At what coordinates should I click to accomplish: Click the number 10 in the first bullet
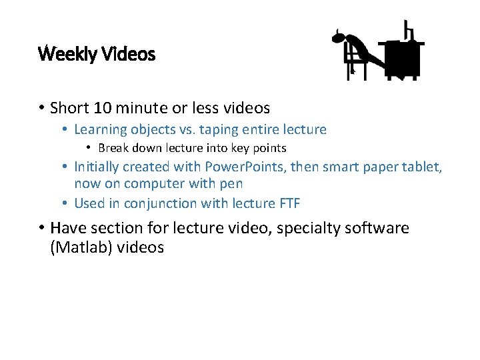click(102, 107)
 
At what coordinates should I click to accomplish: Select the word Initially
click(98, 167)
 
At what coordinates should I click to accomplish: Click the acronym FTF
click(285, 203)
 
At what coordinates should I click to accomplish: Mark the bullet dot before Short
click(41, 107)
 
